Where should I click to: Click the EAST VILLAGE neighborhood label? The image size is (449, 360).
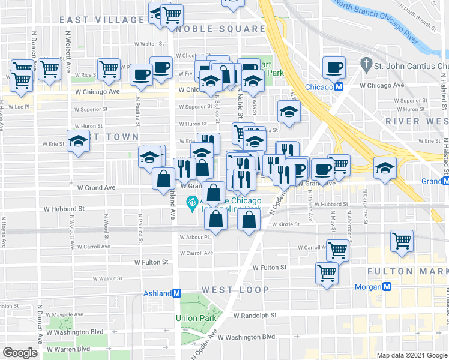[102, 20]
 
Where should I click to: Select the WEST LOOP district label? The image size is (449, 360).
[235, 290]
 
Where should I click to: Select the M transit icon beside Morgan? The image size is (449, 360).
[388, 287]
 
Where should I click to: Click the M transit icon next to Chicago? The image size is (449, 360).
[339, 87]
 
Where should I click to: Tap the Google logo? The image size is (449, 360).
[20, 352]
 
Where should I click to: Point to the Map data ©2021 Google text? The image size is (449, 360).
[411, 355]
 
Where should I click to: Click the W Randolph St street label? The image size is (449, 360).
[255, 315]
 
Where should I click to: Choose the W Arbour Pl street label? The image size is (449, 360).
[196, 237]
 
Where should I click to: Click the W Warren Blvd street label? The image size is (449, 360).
[68, 349]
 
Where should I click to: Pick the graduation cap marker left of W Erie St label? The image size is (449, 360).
[78, 142]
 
